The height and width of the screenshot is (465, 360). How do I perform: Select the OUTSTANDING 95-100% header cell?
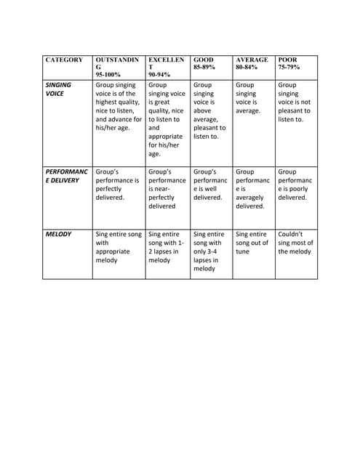coord(119,67)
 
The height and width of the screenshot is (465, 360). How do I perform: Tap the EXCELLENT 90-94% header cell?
coord(167,67)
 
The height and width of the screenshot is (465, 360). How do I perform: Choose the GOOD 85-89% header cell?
coord(210,63)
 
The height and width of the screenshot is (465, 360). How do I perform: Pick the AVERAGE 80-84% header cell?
coord(252,63)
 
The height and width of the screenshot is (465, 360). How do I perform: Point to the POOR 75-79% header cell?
coord(295,63)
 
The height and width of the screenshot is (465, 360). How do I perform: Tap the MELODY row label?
coord(59,235)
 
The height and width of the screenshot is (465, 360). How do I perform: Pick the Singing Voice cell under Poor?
coord(295,102)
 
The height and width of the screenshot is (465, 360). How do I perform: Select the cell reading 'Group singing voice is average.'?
coord(252,98)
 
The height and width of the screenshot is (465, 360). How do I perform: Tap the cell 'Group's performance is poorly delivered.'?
coord(295,185)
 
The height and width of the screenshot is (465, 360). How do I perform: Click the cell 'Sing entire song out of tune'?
coord(252,243)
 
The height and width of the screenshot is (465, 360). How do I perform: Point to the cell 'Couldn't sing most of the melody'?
coord(295,243)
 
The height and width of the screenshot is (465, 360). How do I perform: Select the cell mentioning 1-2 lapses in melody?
coord(167,247)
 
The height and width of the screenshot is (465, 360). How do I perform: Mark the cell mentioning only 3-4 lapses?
coord(210,251)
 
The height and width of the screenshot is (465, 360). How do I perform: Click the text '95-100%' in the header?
coord(108,74)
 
